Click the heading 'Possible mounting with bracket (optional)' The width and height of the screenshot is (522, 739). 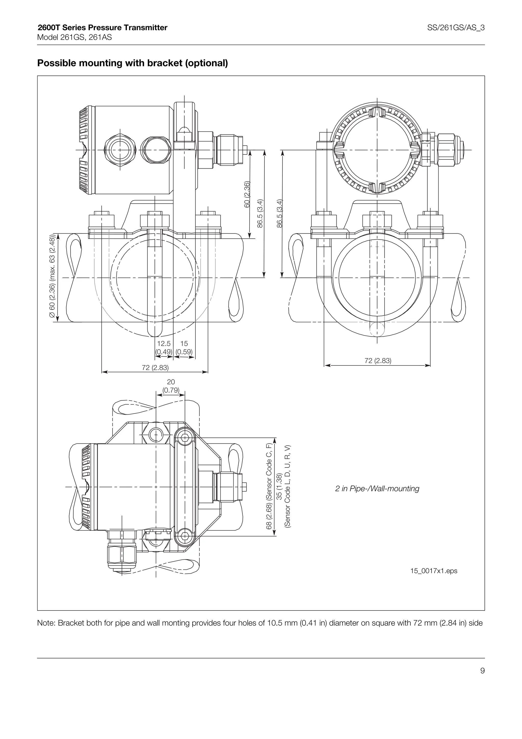[x=133, y=63]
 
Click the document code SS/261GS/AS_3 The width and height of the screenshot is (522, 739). [x=455, y=28]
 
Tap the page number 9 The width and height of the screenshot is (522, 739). [x=482, y=671]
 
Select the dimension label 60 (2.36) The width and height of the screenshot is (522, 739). [x=247, y=194]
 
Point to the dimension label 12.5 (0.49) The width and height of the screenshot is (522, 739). [x=164, y=348]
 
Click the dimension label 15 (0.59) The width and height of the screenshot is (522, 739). [x=184, y=348]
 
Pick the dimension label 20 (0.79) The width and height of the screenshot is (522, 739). [x=171, y=386]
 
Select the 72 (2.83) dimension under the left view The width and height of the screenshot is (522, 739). [x=155, y=367]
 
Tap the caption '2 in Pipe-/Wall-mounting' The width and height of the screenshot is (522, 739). [x=377, y=489]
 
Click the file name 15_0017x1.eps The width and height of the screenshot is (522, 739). [x=434, y=571]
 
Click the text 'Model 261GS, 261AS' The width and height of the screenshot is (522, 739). [x=75, y=37]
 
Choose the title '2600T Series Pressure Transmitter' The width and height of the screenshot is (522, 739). [x=102, y=28]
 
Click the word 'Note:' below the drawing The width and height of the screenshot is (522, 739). [x=46, y=623]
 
